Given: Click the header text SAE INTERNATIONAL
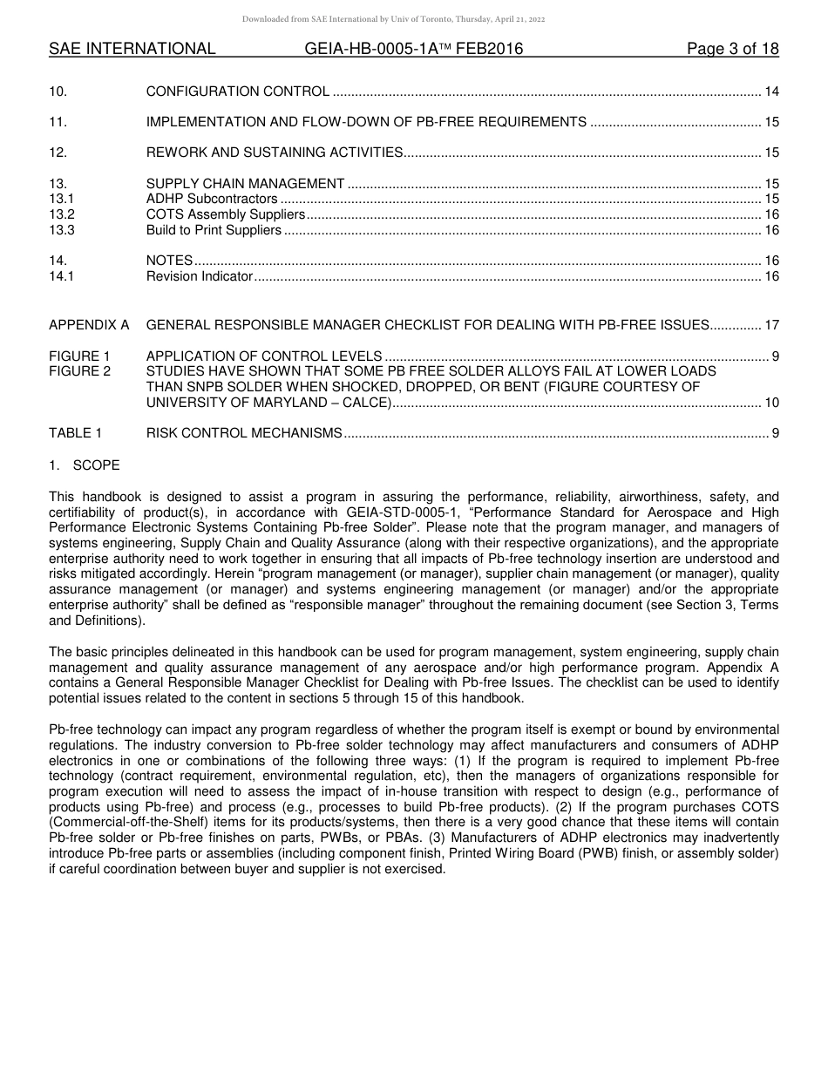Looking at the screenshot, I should pos(132,49).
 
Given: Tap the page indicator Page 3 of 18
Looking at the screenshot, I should pos(732,49).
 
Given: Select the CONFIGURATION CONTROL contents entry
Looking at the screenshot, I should pos(237,92).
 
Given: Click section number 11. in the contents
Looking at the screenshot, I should pos(58,122).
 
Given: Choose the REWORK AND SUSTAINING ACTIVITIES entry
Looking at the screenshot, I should pos(274,153).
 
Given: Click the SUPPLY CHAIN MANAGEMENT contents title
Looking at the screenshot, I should pos(245,184).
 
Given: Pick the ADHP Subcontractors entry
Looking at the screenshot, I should pos(212,200).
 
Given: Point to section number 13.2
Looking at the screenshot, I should pos(62,215).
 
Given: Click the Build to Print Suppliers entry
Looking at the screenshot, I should pos(214,231).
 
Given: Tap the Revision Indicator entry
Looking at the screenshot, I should pos(199,277).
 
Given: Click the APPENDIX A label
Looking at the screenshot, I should pos(89,325).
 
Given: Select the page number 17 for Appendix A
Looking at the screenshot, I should pos(771,325).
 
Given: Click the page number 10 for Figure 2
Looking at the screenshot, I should pos(771,403).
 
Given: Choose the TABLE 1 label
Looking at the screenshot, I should pos(75,433).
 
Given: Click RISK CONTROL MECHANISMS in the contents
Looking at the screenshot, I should pos(243,433).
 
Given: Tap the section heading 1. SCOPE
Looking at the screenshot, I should pos(85,465).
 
